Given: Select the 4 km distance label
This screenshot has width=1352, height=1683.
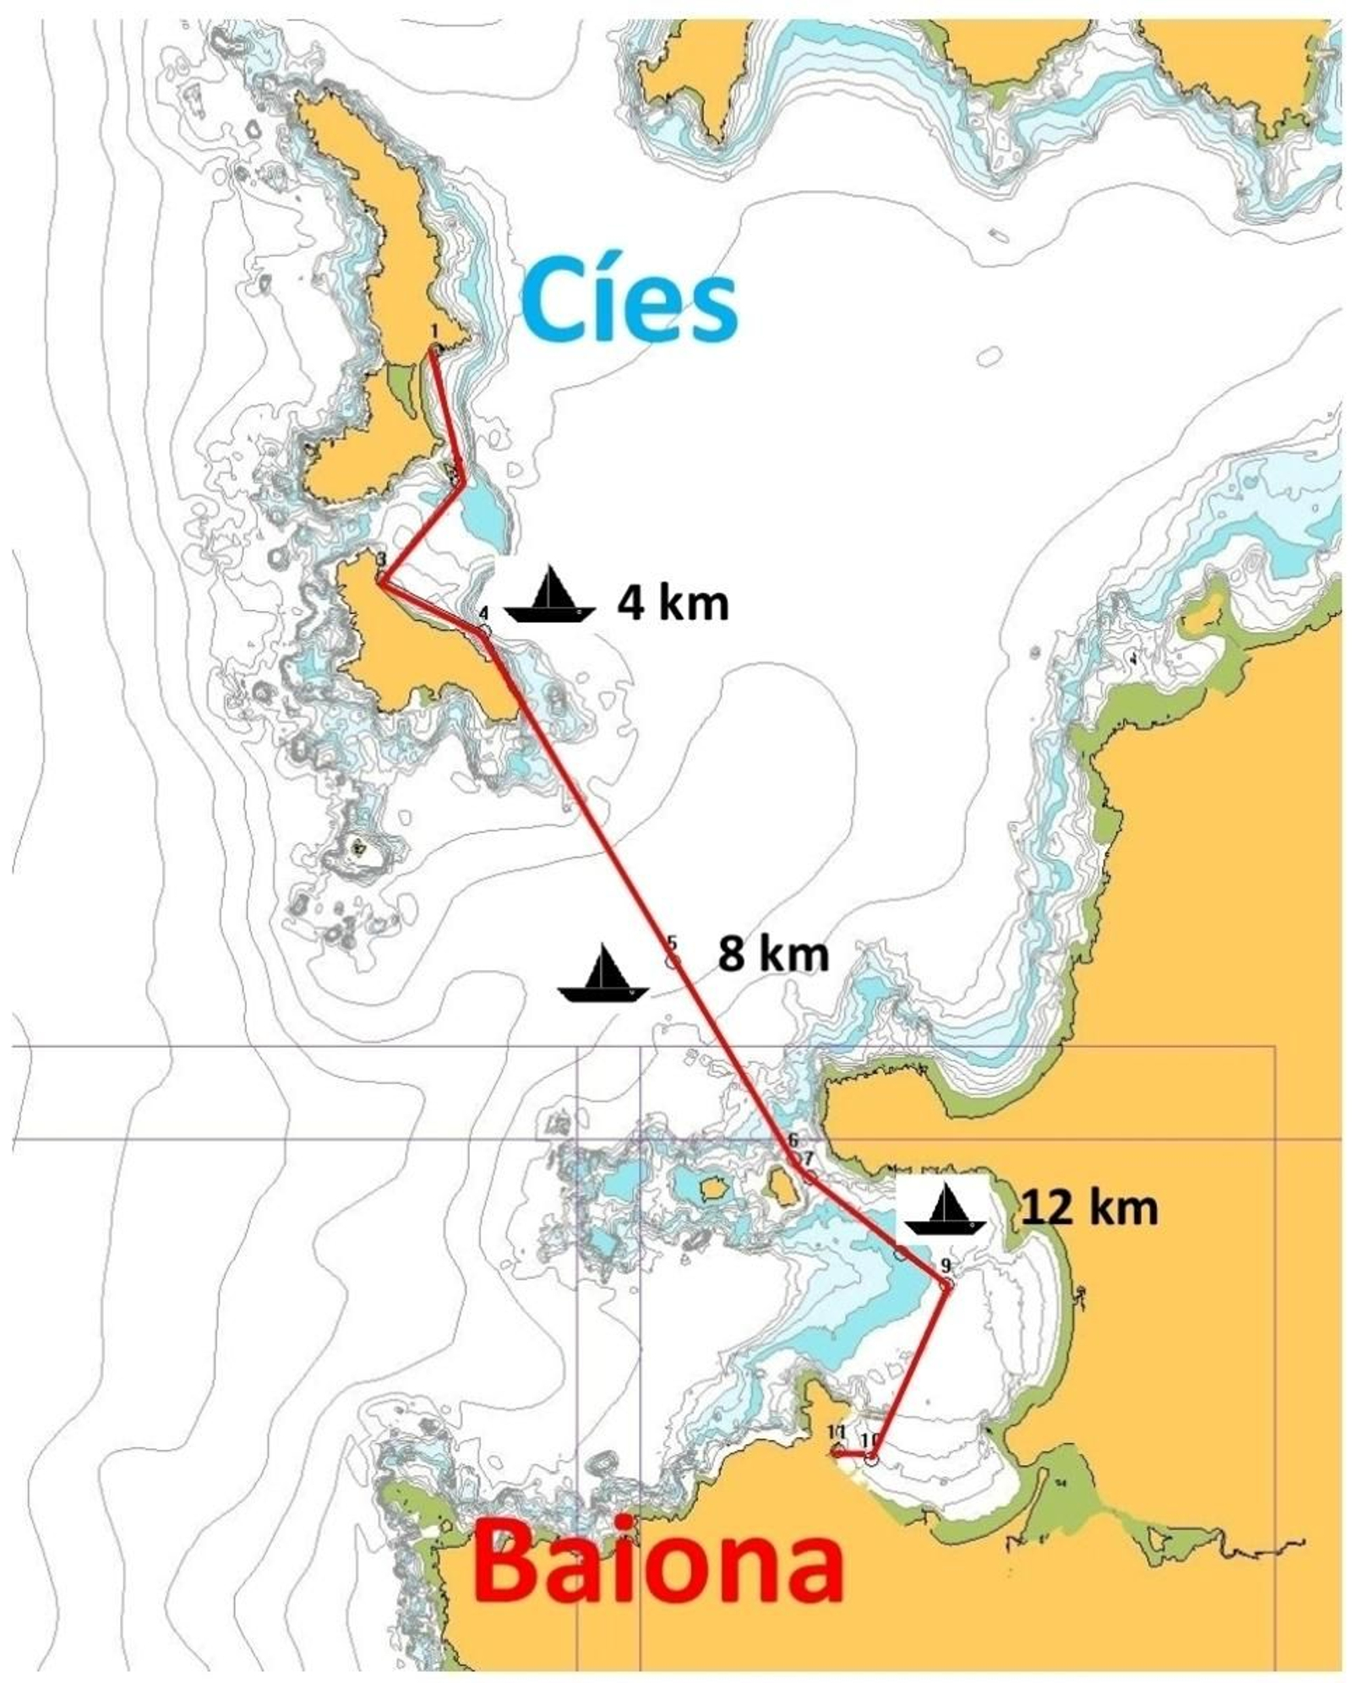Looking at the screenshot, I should [672, 604].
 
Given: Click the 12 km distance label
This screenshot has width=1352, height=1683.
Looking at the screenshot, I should [1089, 1209].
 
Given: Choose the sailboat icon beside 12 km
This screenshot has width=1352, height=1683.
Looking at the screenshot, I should [945, 1210].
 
